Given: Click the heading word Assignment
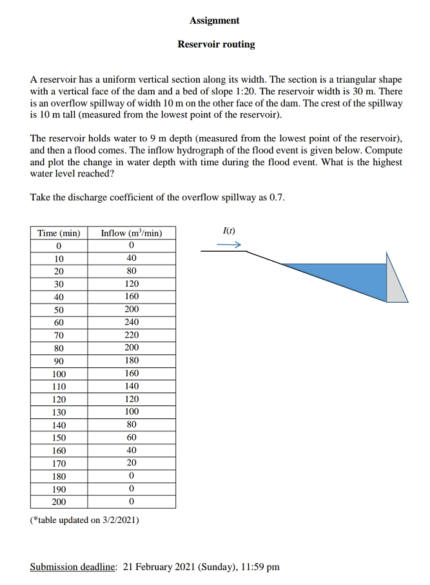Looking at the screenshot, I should point(215,21).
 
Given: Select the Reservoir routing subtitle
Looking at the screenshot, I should point(216,45).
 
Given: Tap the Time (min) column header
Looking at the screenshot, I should point(59,233).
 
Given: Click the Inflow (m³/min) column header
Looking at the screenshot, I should point(132,233).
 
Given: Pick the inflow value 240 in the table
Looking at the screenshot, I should point(132,322).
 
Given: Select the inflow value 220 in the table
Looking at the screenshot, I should point(132,335).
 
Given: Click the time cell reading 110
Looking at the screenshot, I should point(59,386).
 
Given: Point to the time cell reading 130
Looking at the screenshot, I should point(59,412).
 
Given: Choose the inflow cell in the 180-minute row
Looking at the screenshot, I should point(132,476).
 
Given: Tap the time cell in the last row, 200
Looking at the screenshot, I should point(59,502).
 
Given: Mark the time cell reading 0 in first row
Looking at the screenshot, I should point(59,245).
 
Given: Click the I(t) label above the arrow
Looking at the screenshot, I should point(228,231).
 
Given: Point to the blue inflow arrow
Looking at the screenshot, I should point(229,245).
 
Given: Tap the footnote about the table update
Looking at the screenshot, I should point(84,520).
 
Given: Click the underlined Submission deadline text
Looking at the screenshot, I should point(73,567).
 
